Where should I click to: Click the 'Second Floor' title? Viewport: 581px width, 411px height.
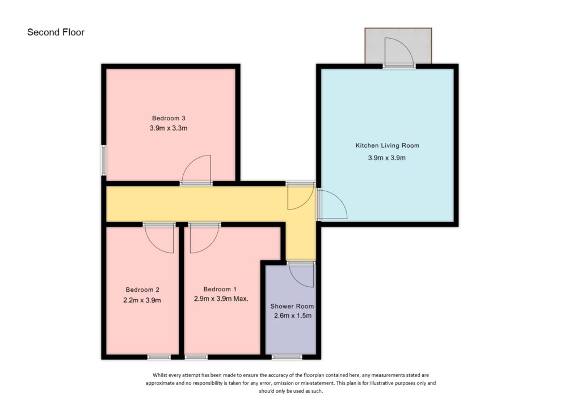pos(56,32)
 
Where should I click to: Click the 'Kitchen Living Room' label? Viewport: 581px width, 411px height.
pos(387,146)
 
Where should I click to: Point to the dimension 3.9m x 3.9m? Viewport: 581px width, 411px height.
pos(387,158)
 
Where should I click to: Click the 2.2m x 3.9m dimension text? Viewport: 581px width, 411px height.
pos(142,300)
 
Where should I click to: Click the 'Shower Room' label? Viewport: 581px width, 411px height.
pos(292,307)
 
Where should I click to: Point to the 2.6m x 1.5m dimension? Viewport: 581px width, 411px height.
pos(292,316)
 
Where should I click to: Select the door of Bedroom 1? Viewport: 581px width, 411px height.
pos(201,238)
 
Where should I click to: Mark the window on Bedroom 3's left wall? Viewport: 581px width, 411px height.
pos(104,160)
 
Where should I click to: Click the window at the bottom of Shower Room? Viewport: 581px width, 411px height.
pos(287,357)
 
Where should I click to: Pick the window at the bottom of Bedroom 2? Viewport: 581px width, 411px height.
pos(159,357)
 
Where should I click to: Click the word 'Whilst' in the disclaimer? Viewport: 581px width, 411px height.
pos(161,375)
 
